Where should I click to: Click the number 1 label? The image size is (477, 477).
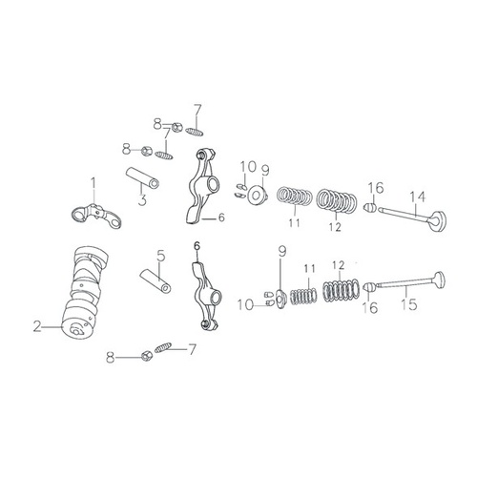pyautogui.click(x=93, y=182)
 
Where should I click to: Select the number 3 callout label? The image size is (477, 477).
pyautogui.click(x=141, y=199)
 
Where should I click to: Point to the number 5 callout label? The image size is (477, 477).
pyautogui.click(x=161, y=255)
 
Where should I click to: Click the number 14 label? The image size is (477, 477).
pyautogui.click(x=416, y=197)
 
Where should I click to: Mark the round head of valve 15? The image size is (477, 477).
pyautogui.click(x=437, y=281)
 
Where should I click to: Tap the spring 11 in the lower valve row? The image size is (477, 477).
pyautogui.click(x=303, y=295)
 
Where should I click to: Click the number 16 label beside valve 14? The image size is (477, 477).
pyautogui.click(x=376, y=187)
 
